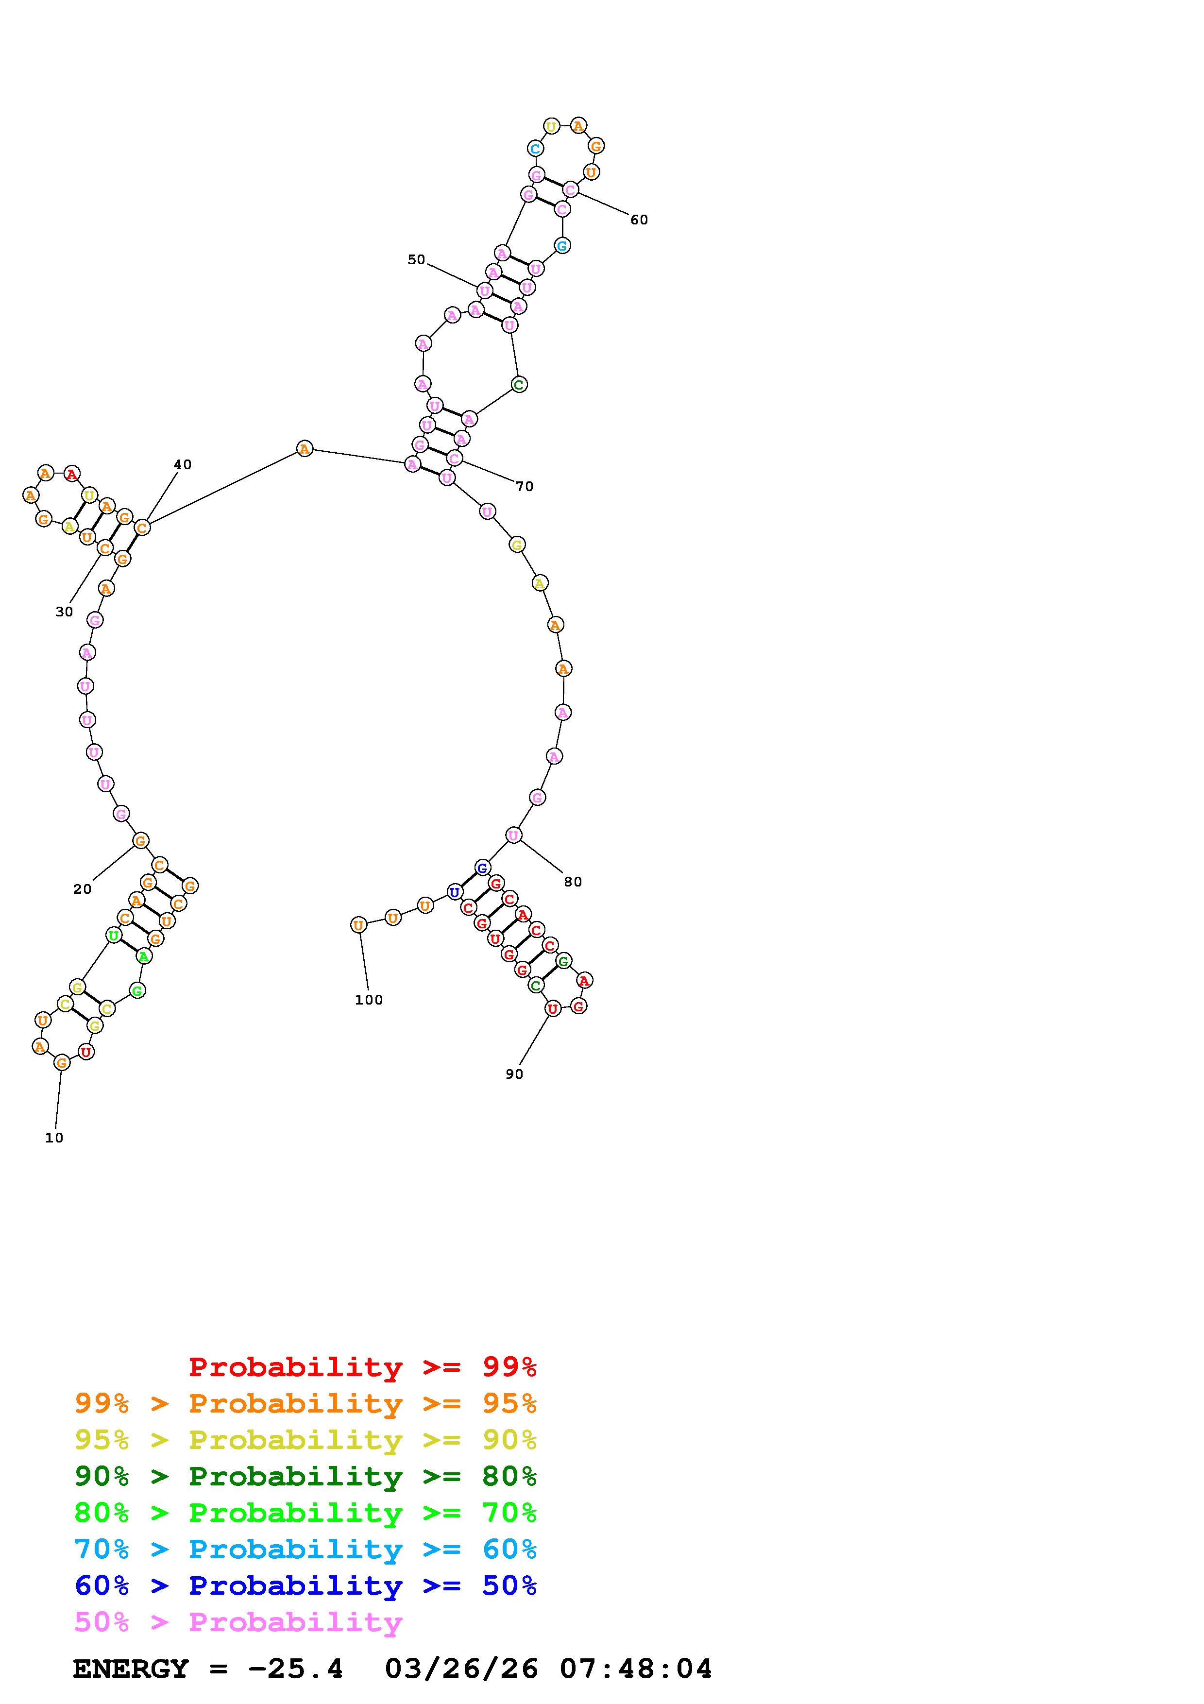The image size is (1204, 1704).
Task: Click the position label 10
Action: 54,1138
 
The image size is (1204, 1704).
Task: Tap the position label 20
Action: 83,889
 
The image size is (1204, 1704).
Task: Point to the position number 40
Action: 183,464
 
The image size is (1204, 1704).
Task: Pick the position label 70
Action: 525,487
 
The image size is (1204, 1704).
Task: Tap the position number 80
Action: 573,882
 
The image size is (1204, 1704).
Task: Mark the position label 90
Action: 514,1074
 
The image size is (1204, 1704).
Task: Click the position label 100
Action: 369,1000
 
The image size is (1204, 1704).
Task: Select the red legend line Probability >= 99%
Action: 363,1367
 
